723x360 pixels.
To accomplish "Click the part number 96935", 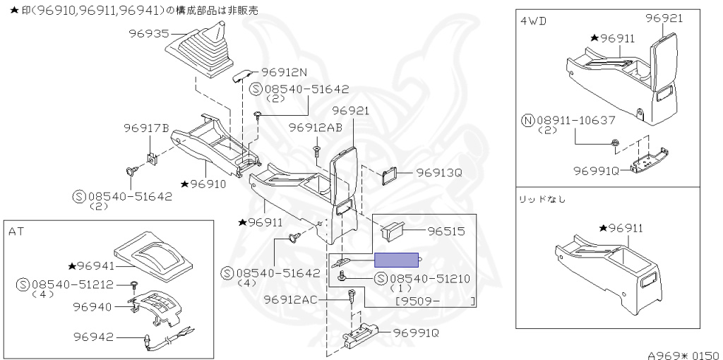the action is pos(149,34).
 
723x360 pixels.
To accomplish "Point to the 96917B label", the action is pos(147,128).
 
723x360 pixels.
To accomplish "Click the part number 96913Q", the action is pos(439,173).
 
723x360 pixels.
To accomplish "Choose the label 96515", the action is pos(446,231).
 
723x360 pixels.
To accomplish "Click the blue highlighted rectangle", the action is pos(396,260).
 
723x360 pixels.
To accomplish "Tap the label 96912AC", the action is pos(290,300).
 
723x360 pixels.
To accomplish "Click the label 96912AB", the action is pos(316,128).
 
